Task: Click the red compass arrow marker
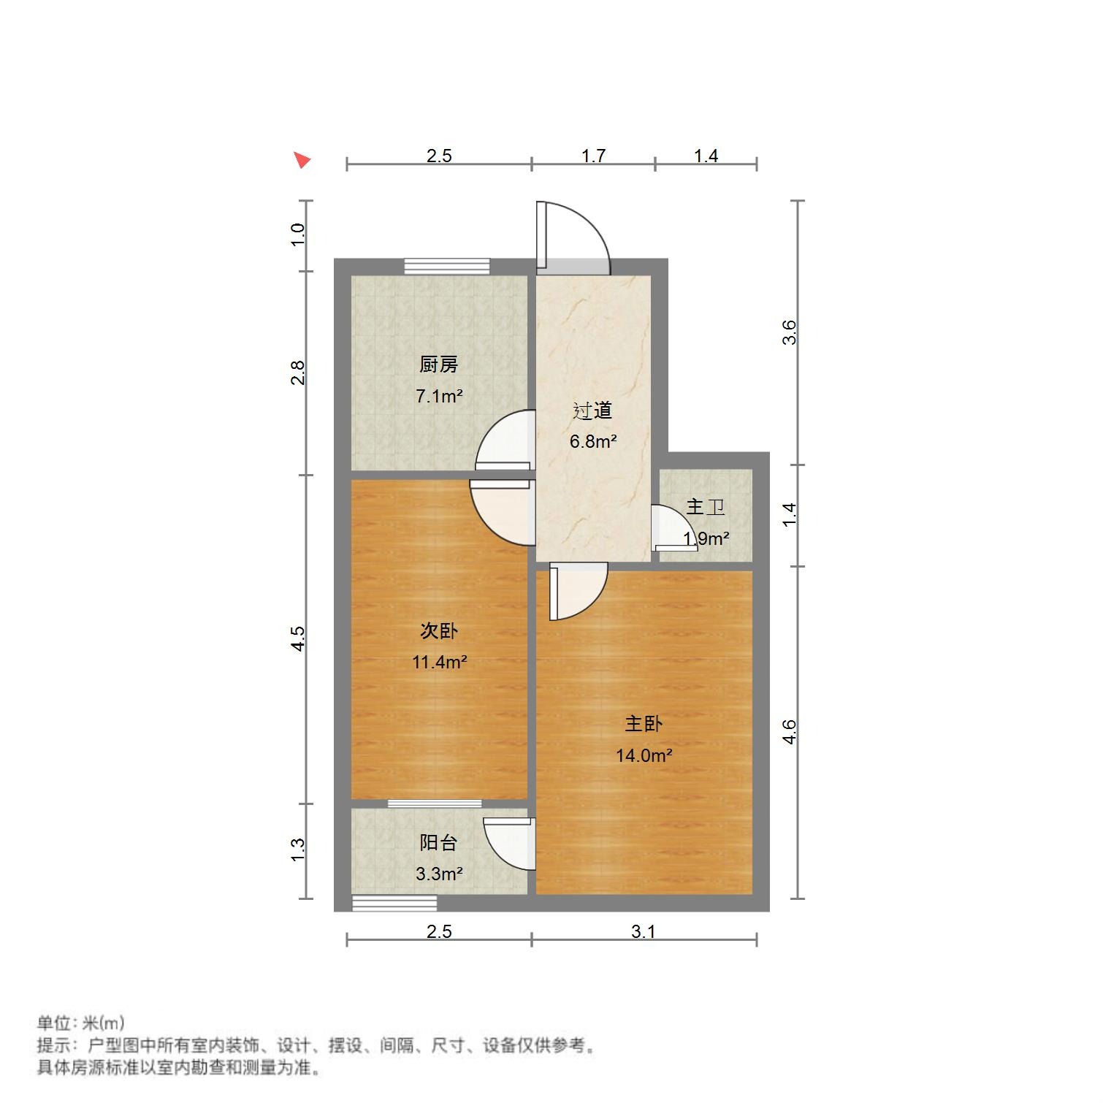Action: point(302,159)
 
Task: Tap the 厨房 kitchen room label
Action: point(438,365)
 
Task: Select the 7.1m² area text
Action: point(438,397)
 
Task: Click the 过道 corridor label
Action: point(592,411)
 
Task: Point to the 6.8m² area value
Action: point(592,442)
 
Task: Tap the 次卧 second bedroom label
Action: point(438,630)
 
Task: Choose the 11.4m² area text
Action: point(438,663)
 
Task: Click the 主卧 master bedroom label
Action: point(643,724)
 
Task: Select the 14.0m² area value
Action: point(643,756)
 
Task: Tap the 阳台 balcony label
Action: point(438,842)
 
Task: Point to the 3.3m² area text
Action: point(438,874)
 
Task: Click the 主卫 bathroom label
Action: point(705,507)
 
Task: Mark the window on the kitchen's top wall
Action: point(447,266)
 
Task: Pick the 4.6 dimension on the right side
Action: point(789,732)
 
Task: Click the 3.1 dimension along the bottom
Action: point(643,931)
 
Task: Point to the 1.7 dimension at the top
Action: point(593,156)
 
